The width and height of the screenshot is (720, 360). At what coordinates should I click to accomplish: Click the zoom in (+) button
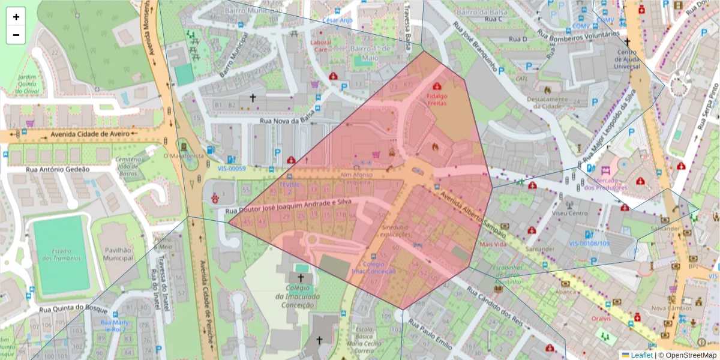point(16,17)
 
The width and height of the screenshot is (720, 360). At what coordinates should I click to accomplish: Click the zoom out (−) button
point(16,35)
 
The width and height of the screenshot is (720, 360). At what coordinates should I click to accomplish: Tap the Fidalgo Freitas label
point(436,100)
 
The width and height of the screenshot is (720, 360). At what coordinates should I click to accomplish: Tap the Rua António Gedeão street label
point(57,169)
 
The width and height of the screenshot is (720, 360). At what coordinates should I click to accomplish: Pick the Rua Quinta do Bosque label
point(73,310)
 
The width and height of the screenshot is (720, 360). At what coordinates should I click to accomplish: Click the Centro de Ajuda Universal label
point(627,59)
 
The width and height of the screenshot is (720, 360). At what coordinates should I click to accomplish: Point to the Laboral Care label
point(320,46)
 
